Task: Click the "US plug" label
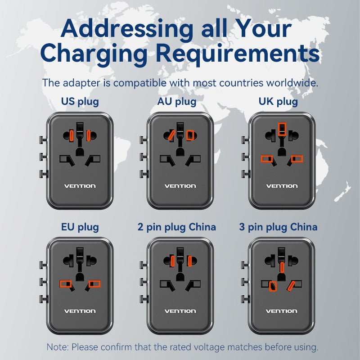click(80, 102)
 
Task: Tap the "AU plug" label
click(177, 102)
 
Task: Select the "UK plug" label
click(278, 102)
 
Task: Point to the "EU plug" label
click(80, 227)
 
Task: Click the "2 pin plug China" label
click(177, 227)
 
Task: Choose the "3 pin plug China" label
click(278, 227)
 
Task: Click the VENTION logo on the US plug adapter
click(80, 186)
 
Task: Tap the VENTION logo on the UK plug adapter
click(282, 186)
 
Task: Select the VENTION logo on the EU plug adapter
click(80, 311)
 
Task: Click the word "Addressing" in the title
click(127, 29)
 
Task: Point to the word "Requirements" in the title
click(238, 54)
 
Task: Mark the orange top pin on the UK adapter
click(282, 129)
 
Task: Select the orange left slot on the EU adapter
click(66, 284)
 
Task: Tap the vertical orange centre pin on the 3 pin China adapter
click(282, 267)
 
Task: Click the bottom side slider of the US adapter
click(44, 174)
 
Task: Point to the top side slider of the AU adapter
click(144, 139)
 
